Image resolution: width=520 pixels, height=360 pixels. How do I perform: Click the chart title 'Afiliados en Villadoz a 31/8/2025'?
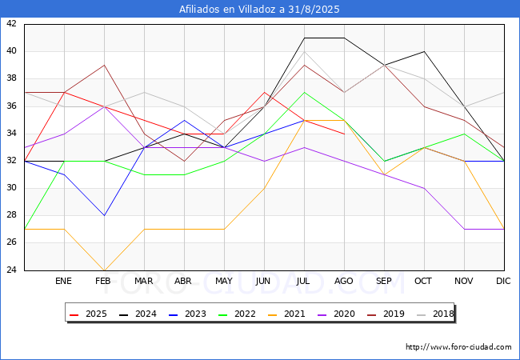(x=259, y=10)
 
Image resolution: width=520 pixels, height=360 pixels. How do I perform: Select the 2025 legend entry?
(x=88, y=314)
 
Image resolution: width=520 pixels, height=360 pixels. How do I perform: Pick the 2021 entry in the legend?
(x=286, y=314)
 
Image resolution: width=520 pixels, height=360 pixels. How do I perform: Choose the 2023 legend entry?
(x=187, y=314)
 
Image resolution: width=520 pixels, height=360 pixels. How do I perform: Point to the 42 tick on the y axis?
(x=11, y=23)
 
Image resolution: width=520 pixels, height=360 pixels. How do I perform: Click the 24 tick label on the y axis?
(x=11, y=270)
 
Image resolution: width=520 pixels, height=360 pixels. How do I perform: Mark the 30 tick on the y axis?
(x=11, y=188)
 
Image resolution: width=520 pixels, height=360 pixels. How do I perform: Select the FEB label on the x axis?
(x=103, y=281)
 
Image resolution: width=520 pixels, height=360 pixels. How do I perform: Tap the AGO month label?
(x=343, y=281)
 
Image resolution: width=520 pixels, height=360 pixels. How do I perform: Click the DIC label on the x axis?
(x=503, y=281)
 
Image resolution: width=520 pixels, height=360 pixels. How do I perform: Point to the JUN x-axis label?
(x=263, y=281)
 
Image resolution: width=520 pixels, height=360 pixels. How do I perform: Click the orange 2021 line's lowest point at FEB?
(x=105, y=270)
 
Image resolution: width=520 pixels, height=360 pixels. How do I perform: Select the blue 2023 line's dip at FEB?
(x=105, y=215)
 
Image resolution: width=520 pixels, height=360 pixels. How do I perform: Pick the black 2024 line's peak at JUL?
(x=305, y=38)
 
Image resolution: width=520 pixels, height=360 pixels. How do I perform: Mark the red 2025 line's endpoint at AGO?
(x=345, y=134)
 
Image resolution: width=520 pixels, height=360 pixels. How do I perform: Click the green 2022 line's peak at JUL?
(x=305, y=93)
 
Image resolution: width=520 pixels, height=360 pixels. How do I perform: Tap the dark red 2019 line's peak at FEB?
(x=105, y=65)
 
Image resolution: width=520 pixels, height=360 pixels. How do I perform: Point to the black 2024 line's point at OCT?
(x=425, y=51)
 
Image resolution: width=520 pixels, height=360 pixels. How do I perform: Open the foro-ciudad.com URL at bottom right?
(x=458, y=347)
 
